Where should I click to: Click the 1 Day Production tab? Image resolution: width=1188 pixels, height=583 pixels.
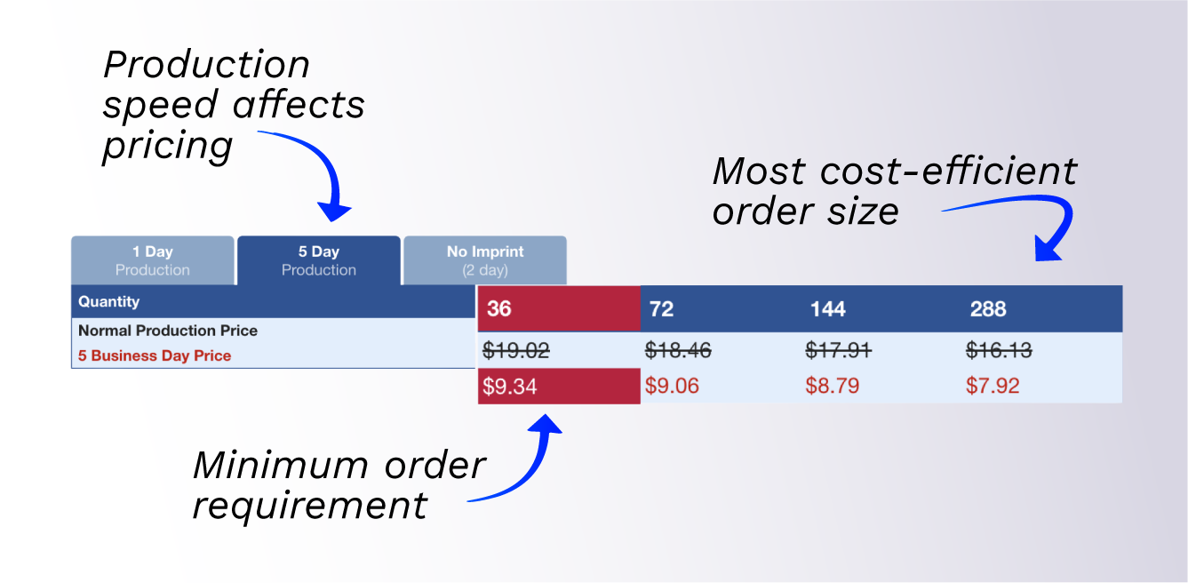click(x=153, y=260)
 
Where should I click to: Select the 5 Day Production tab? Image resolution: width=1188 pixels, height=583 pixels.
click(x=319, y=260)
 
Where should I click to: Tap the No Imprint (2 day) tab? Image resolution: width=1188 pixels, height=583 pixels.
click(x=485, y=260)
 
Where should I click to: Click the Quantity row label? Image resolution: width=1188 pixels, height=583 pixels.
click(x=109, y=302)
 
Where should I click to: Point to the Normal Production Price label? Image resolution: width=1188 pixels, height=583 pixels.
click(x=168, y=331)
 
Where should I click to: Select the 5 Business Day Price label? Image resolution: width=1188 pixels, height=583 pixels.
click(x=155, y=355)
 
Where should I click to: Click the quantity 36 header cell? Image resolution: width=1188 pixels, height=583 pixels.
click(x=499, y=309)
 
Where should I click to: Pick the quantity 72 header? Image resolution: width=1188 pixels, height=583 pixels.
click(x=662, y=309)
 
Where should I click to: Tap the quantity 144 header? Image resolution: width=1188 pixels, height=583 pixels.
click(x=827, y=309)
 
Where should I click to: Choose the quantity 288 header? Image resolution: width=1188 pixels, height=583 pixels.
click(x=988, y=309)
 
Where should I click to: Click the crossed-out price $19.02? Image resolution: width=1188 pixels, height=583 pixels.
click(x=515, y=351)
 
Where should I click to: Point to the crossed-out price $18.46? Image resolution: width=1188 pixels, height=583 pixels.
click(x=678, y=351)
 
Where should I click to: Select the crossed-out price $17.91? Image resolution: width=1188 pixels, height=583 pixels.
click(x=838, y=351)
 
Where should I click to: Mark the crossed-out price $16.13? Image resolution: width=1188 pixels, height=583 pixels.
click(x=999, y=351)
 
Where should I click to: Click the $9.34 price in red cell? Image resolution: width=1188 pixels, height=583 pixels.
click(x=510, y=387)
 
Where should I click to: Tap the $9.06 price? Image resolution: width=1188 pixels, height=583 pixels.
click(x=671, y=387)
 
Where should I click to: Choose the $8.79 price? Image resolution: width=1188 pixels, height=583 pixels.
click(x=833, y=387)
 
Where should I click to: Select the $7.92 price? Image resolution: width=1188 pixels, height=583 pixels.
click(x=993, y=387)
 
